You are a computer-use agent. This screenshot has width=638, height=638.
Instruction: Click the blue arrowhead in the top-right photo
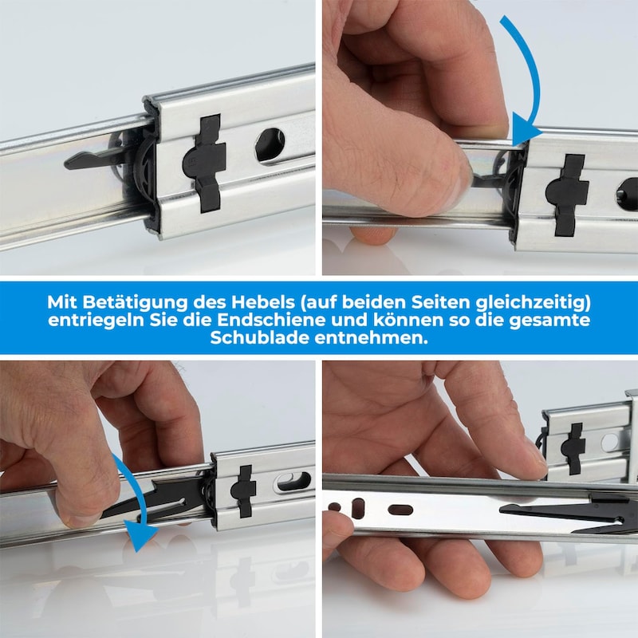[x=525, y=130]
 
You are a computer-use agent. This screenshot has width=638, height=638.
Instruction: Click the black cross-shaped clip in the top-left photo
[x=206, y=163]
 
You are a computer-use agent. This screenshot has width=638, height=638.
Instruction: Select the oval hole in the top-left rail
[x=270, y=145]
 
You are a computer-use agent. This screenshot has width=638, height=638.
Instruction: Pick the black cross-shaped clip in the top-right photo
[x=567, y=195]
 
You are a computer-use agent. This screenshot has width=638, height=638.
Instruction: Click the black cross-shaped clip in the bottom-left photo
[x=243, y=491]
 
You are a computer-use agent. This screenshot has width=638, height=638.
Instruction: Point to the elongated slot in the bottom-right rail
[x=401, y=510]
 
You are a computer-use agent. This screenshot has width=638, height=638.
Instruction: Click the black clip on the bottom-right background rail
[x=573, y=448]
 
